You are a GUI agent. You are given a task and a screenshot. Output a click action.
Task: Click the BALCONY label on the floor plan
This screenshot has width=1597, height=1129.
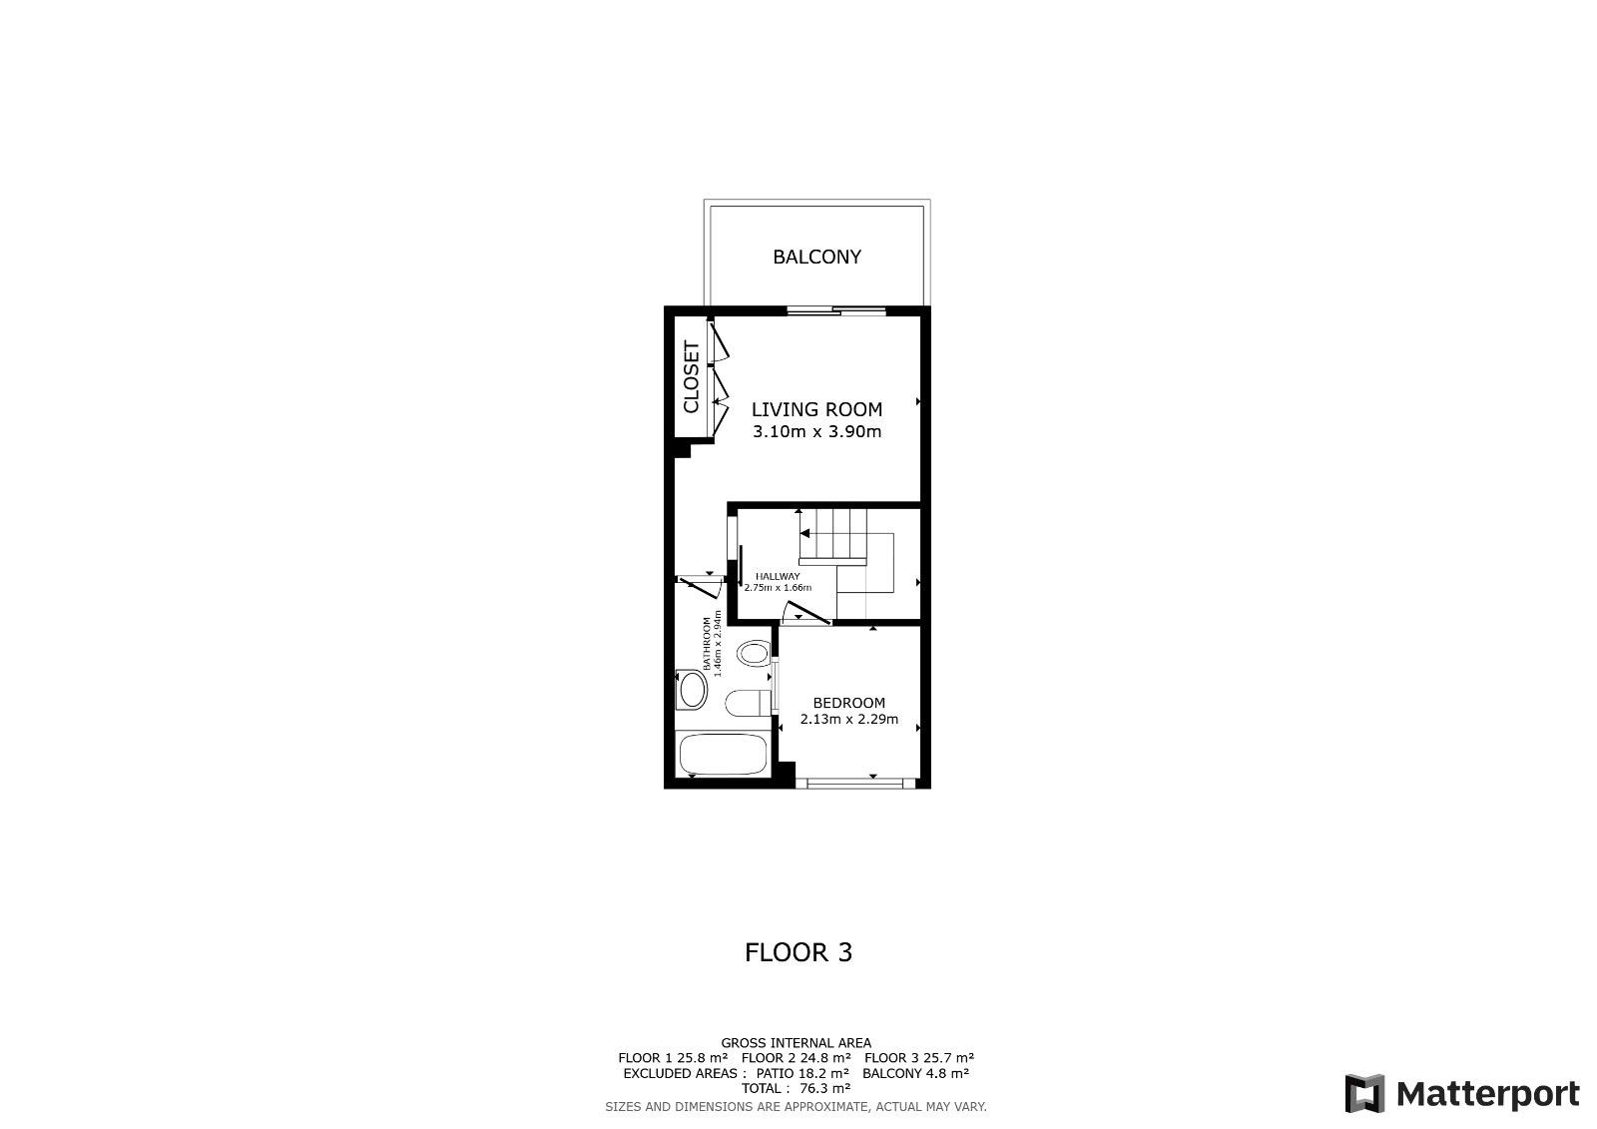pyautogui.click(x=817, y=257)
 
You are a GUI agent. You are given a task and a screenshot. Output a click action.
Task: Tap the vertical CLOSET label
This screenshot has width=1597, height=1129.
pyautogui.click(x=692, y=377)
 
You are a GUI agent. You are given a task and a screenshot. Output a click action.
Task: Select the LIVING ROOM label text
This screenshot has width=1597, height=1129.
pyautogui.click(x=817, y=409)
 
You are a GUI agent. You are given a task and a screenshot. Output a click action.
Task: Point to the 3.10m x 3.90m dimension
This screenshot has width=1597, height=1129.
pyautogui.click(x=817, y=431)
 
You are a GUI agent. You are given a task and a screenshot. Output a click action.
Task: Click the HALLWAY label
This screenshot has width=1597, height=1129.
pyautogui.click(x=778, y=576)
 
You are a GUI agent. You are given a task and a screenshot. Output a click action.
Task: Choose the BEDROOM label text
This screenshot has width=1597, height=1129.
pyautogui.click(x=849, y=703)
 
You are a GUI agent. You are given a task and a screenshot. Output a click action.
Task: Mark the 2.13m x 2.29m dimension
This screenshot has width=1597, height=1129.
pyautogui.click(x=849, y=719)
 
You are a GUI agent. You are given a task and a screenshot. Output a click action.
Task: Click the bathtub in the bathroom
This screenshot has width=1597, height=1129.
pyautogui.click(x=723, y=755)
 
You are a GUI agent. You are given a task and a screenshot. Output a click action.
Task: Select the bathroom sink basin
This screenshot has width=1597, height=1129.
pyautogui.click(x=693, y=691)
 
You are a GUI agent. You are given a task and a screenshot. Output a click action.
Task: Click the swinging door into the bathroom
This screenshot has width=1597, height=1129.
pyautogui.click(x=701, y=586)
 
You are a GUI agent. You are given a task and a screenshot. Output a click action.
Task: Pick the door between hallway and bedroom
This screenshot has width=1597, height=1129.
pyautogui.click(x=806, y=613)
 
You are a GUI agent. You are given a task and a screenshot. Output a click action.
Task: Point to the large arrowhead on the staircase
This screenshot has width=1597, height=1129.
pyautogui.click(x=804, y=533)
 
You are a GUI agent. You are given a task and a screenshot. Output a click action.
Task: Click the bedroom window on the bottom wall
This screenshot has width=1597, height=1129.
pyautogui.click(x=855, y=783)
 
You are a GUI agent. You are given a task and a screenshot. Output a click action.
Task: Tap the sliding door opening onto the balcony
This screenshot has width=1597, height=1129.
pyautogui.click(x=836, y=310)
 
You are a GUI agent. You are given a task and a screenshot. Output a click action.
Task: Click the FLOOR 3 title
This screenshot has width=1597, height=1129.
pyautogui.click(x=798, y=953)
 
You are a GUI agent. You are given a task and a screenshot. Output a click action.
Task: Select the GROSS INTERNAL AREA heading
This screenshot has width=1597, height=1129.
pyautogui.click(x=797, y=1043)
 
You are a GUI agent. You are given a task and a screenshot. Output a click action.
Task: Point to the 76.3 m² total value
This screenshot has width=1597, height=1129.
pyautogui.click(x=825, y=1088)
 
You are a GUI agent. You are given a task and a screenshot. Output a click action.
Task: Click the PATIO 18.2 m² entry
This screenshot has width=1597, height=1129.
pyautogui.click(x=802, y=1073)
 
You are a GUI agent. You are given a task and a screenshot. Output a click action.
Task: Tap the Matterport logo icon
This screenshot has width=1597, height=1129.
pyautogui.click(x=1364, y=1093)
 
